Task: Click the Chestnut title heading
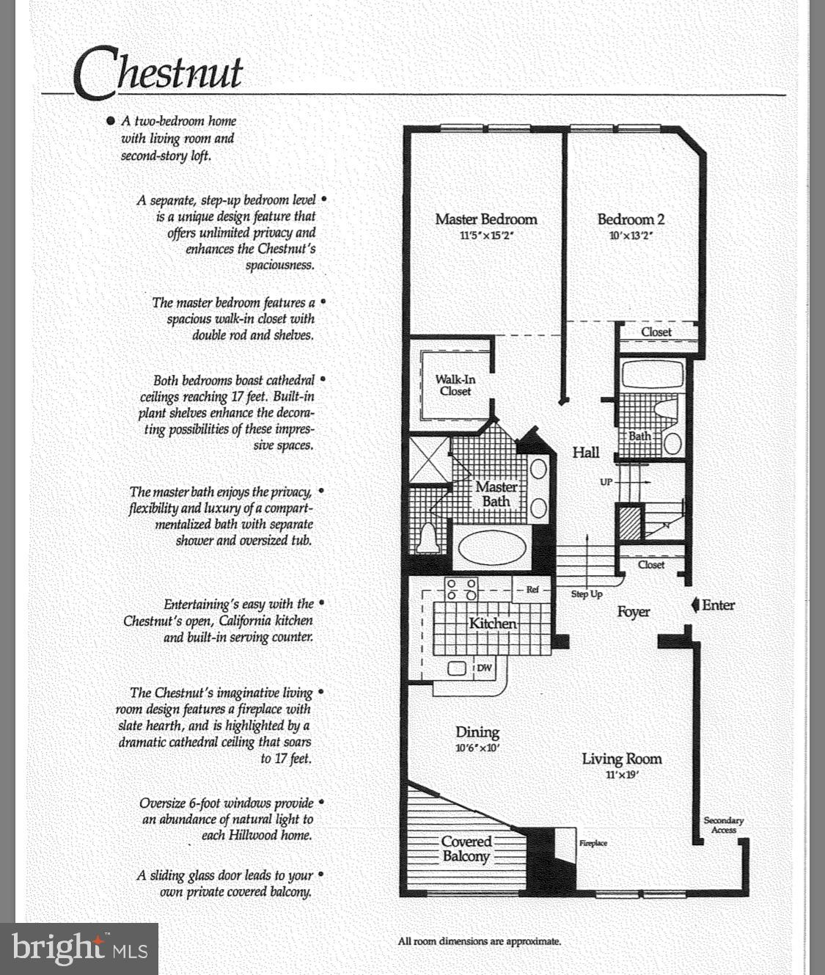click(x=158, y=72)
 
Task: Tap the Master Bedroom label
click(x=485, y=219)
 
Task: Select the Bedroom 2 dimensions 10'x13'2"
click(x=630, y=236)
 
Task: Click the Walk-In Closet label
click(x=455, y=385)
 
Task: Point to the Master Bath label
click(x=496, y=494)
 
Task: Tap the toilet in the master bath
click(x=428, y=538)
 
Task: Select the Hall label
click(x=585, y=453)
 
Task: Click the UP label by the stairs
click(x=606, y=482)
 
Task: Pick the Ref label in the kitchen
click(x=532, y=590)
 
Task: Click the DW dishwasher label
click(x=484, y=668)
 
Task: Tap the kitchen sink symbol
click(x=458, y=668)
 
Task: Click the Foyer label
click(x=633, y=611)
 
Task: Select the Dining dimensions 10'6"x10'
click(x=477, y=749)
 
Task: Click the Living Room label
click(x=621, y=759)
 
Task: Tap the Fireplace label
click(x=593, y=843)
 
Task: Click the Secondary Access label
click(x=723, y=825)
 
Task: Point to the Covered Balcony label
click(x=466, y=850)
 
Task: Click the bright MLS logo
click(x=79, y=948)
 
